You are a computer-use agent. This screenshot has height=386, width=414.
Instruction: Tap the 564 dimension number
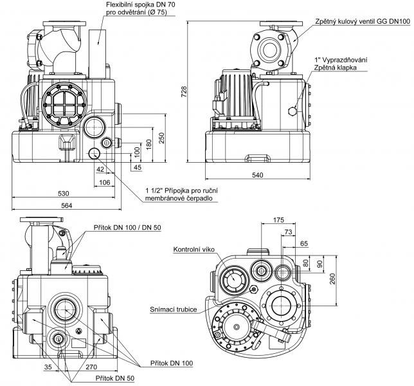coord(66,205)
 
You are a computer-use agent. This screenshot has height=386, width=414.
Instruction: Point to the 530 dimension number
coord(62,193)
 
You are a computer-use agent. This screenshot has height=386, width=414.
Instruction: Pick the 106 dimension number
coord(104,182)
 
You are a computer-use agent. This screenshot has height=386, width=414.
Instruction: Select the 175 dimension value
coord(279,221)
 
